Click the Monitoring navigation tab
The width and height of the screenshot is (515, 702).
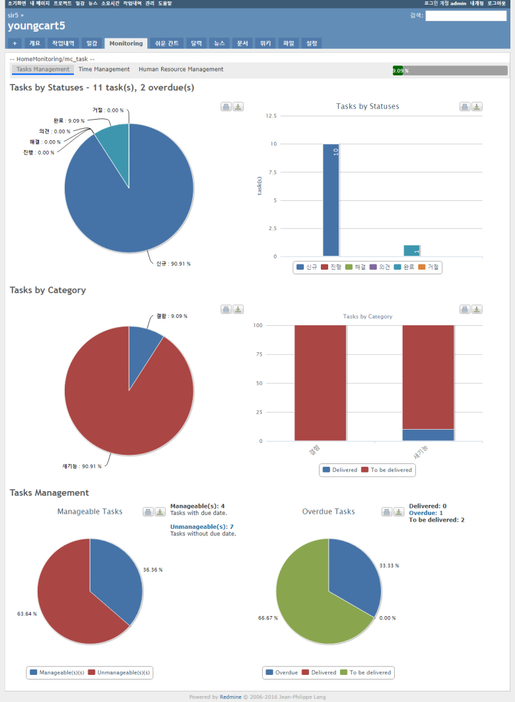click(126, 44)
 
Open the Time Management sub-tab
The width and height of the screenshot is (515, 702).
click(104, 69)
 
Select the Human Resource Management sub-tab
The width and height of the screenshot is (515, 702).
click(181, 69)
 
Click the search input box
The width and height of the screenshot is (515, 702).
click(465, 16)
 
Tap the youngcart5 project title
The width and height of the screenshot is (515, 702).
click(36, 26)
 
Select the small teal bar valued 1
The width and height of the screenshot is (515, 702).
click(411, 251)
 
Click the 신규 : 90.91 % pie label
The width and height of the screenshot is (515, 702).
click(173, 264)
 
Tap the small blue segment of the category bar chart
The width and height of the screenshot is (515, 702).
click(428, 435)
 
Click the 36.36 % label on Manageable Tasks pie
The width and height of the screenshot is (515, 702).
click(153, 570)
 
